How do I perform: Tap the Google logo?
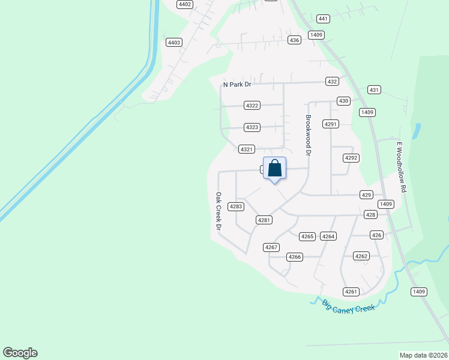20,353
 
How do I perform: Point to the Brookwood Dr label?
309,136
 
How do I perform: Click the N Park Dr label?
237,85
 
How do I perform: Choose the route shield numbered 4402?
185,4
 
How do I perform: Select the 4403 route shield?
175,42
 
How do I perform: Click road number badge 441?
324,19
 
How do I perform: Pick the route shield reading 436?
294,40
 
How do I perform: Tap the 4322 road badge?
252,106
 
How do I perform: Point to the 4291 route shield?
331,124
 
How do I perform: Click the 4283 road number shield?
236,206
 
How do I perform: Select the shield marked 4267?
271,247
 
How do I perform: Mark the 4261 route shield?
351,292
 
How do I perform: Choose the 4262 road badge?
361,256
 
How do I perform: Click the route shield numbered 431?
375,90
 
